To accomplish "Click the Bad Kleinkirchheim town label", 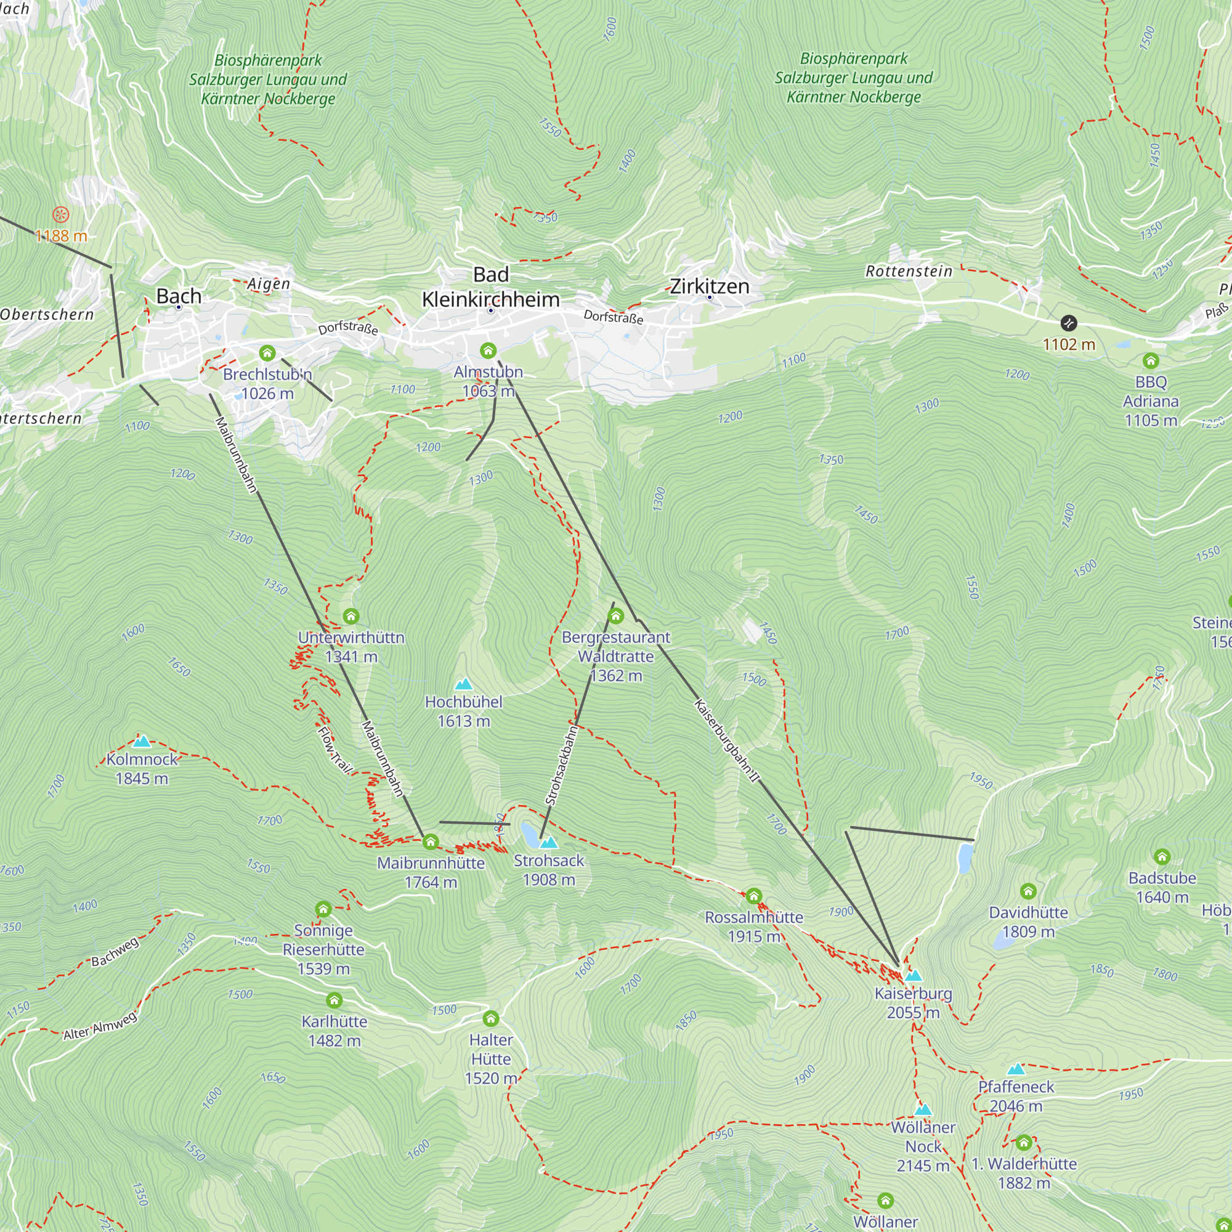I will coord(490,287).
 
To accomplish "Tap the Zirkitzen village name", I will coord(709,286).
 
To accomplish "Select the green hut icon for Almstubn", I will coord(488,350).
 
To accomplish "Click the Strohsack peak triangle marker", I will coord(548,843).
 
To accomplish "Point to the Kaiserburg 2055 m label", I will coord(912,1003).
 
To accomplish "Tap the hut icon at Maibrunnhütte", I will coord(431,841).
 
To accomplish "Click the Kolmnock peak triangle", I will coord(142,741).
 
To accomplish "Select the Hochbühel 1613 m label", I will coord(464,711).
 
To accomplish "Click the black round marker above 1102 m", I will coord(1068,323).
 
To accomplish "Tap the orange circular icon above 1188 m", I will coord(60,214).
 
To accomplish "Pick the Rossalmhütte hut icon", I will coord(754,896).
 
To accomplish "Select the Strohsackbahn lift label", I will coord(561,765).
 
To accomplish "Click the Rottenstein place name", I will coord(909,271).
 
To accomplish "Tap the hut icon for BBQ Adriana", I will coord(1150,361).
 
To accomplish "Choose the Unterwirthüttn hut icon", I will coord(351,616).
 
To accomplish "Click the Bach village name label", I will coord(179,296).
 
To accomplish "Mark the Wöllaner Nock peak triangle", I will coord(923,1109).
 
